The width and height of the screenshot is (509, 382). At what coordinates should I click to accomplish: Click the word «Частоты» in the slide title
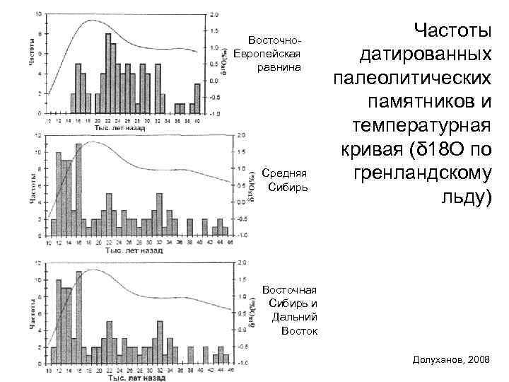[x=452, y=30]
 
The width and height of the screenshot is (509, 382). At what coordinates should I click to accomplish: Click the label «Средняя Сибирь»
[x=286, y=180]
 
